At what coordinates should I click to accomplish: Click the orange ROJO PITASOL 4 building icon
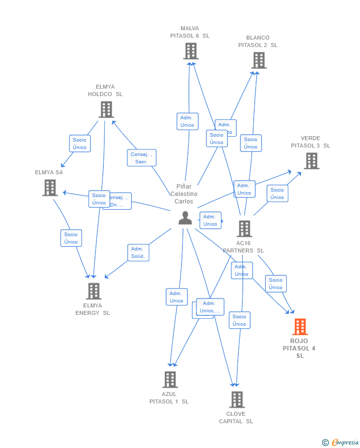click(300, 327)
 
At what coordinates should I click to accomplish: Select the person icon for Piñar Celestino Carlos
click(185, 218)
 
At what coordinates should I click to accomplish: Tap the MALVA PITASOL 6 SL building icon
click(190, 51)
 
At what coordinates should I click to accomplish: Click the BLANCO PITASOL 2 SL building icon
click(259, 60)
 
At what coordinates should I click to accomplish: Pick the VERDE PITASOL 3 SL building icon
click(311, 161)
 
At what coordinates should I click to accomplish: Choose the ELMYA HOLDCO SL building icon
click(106, 109)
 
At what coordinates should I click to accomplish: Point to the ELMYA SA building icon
click(50, 188)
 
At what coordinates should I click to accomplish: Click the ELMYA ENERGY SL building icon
click(93, 291)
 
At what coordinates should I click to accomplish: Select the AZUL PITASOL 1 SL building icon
click(170, 379)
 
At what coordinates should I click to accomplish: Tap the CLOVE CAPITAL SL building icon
click(237, 399)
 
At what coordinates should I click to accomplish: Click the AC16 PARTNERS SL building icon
click(244, 229)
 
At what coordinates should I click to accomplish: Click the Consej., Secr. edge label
click(141, 158)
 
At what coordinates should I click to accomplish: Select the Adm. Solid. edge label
click(138, 252)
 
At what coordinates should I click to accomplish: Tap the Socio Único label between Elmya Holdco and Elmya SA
click(80, 144)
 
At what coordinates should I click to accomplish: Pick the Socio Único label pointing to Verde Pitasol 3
click(277, 194)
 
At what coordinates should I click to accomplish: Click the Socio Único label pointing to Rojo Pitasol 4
click(275, 284)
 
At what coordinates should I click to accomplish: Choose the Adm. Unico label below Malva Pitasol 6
click(187, 121)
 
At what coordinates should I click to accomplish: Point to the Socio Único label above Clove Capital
click(239, 320)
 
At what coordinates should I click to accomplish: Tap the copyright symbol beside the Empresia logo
click(325, 442)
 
